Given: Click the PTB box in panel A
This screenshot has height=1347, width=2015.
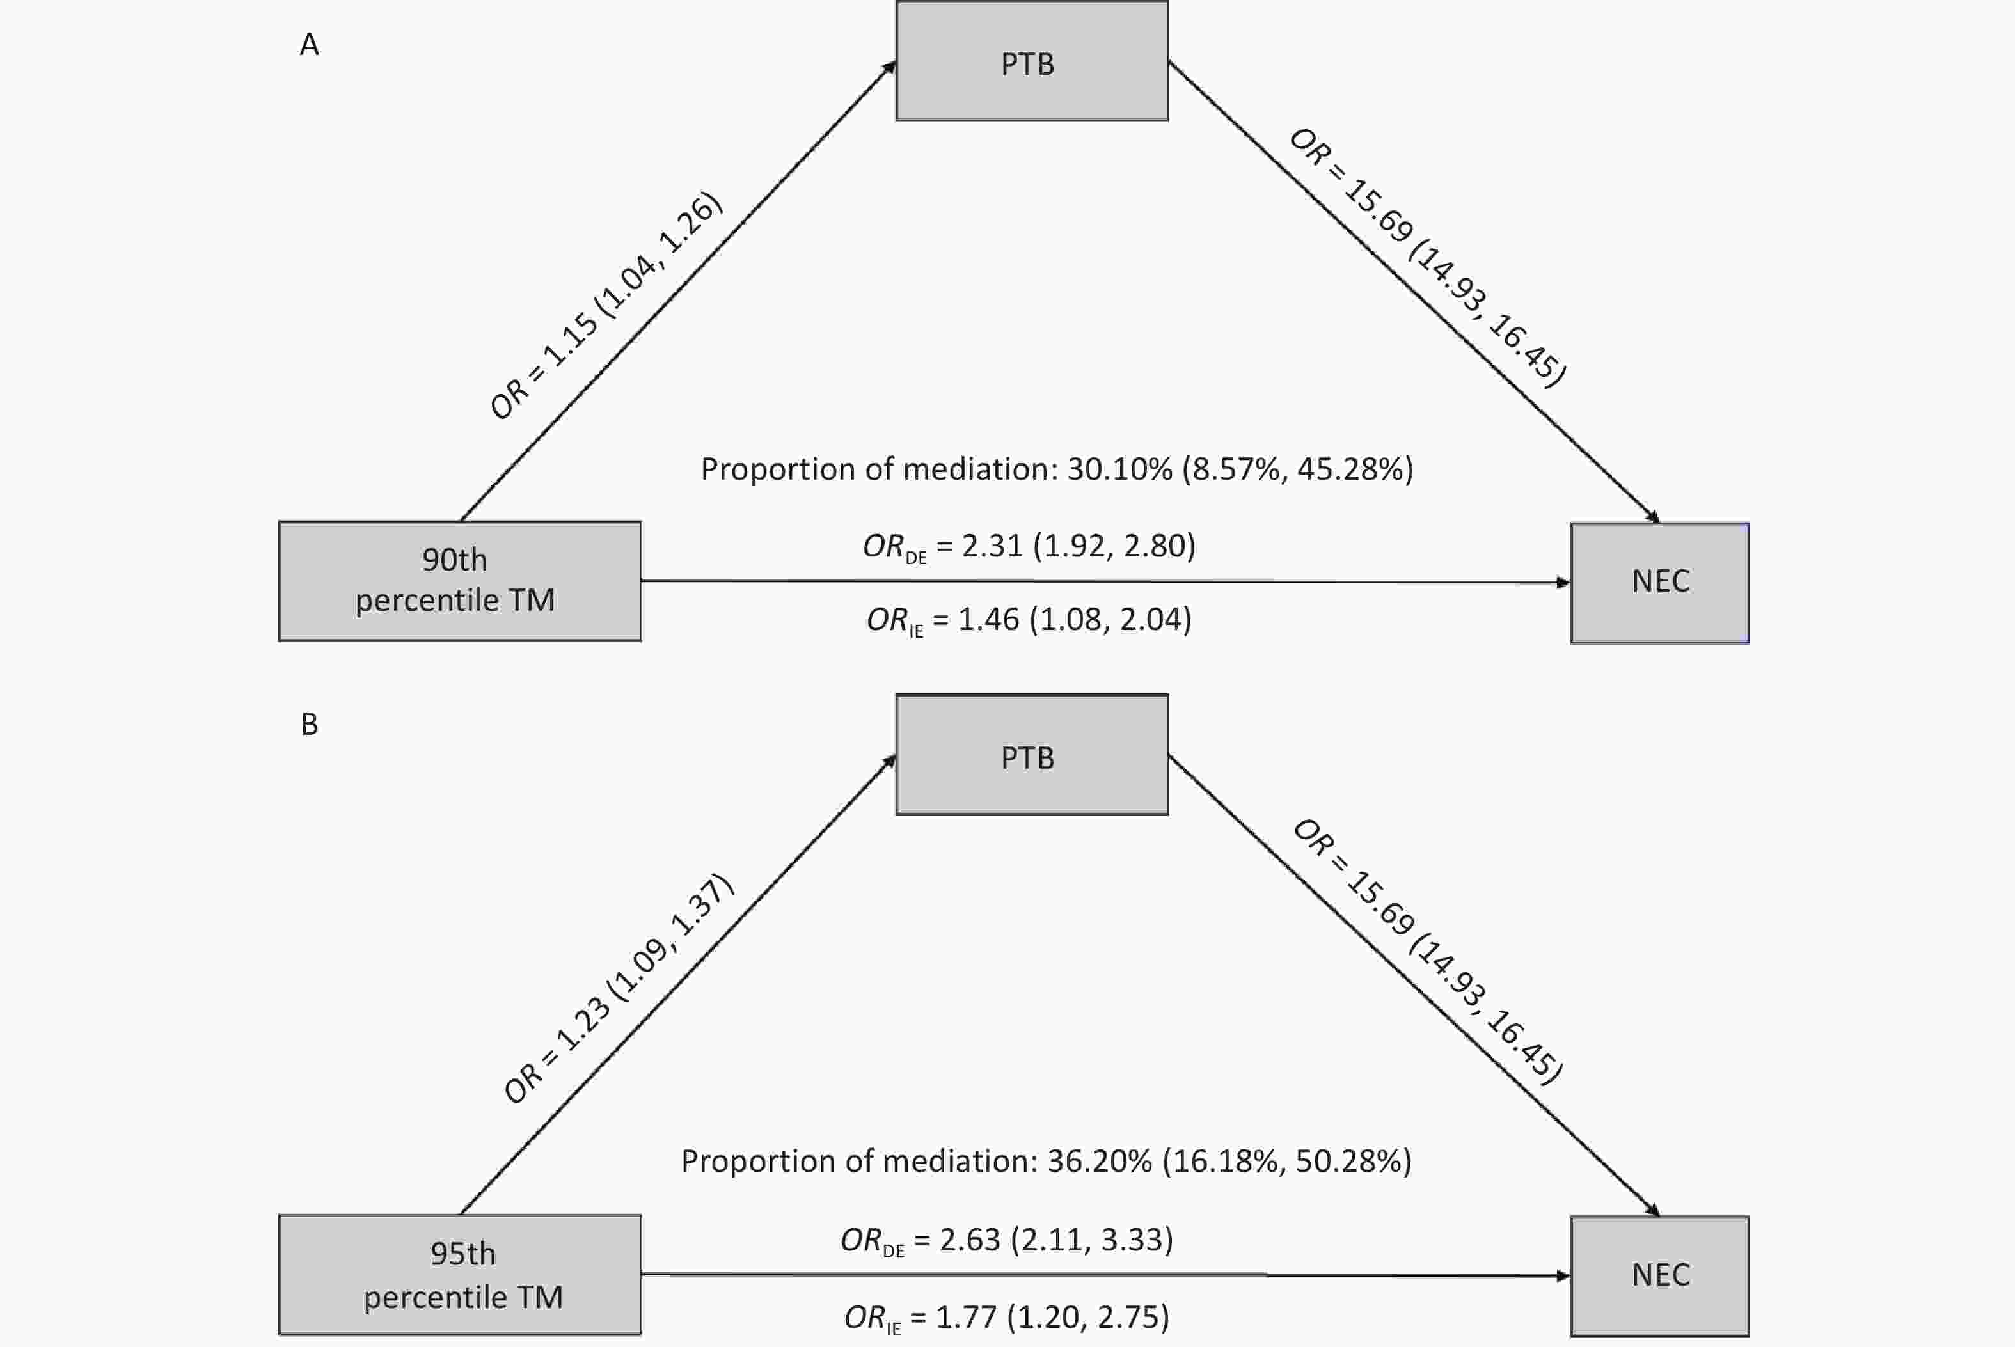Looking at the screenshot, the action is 1032,61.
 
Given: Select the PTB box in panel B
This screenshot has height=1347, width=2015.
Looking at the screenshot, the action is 1032,754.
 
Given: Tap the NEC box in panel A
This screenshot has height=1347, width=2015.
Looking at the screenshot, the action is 1659,583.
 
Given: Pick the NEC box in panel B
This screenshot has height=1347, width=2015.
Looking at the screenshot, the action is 1659,1276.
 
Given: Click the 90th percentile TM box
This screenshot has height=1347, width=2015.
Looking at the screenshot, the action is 459,581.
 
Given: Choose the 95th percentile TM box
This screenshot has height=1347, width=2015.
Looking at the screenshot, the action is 459,1274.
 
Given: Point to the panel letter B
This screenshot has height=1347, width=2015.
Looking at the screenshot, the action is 309,724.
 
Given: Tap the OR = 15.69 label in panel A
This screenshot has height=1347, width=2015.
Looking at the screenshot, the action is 1428,257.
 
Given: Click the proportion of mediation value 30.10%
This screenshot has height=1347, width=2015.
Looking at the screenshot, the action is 1119,469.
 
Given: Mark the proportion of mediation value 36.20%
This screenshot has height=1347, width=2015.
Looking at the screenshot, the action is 1100,1162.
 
